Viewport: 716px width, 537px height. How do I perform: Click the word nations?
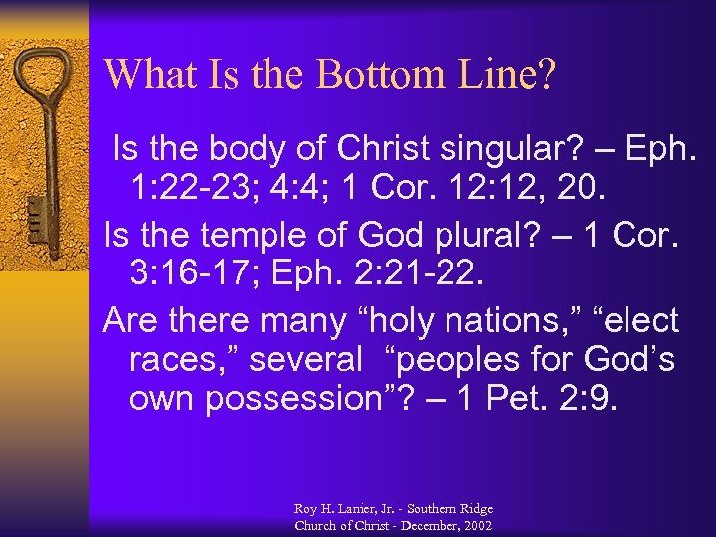click(502, 321)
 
